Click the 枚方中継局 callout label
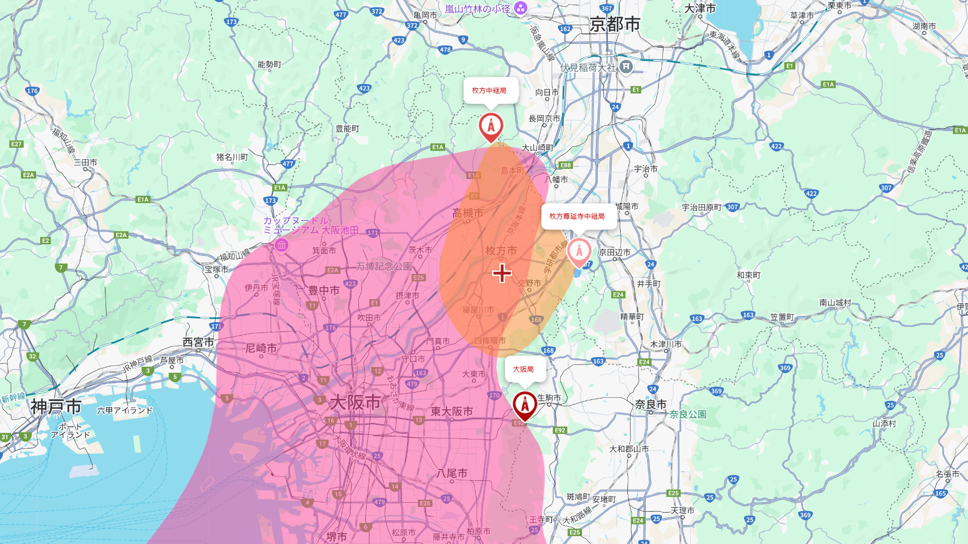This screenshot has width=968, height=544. [489, 91]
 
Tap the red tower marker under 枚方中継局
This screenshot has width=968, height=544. [491, 126]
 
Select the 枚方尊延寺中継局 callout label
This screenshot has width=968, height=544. [577, 216]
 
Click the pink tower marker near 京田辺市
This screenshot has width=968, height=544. [579, 251]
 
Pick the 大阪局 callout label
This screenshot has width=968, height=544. [523, 369]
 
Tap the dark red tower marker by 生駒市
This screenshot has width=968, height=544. [524, 404]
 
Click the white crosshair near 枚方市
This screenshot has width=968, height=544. [502, 273]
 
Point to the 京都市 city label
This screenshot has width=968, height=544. [615, 24]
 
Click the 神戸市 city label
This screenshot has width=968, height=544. [56, 407]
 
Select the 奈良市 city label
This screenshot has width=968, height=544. [650, 405]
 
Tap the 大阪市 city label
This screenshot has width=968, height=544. [355, 403]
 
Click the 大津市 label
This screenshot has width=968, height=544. [699, 8]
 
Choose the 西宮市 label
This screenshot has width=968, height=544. [199, 342]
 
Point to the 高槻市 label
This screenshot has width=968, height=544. [468, 213]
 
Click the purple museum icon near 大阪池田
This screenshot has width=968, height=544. [282, 245]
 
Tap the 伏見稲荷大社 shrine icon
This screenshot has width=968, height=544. [626, 67]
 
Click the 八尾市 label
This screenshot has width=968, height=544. [452, 474]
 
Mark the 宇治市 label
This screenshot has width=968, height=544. [646, 169]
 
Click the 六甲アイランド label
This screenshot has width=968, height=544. [125, 410]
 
